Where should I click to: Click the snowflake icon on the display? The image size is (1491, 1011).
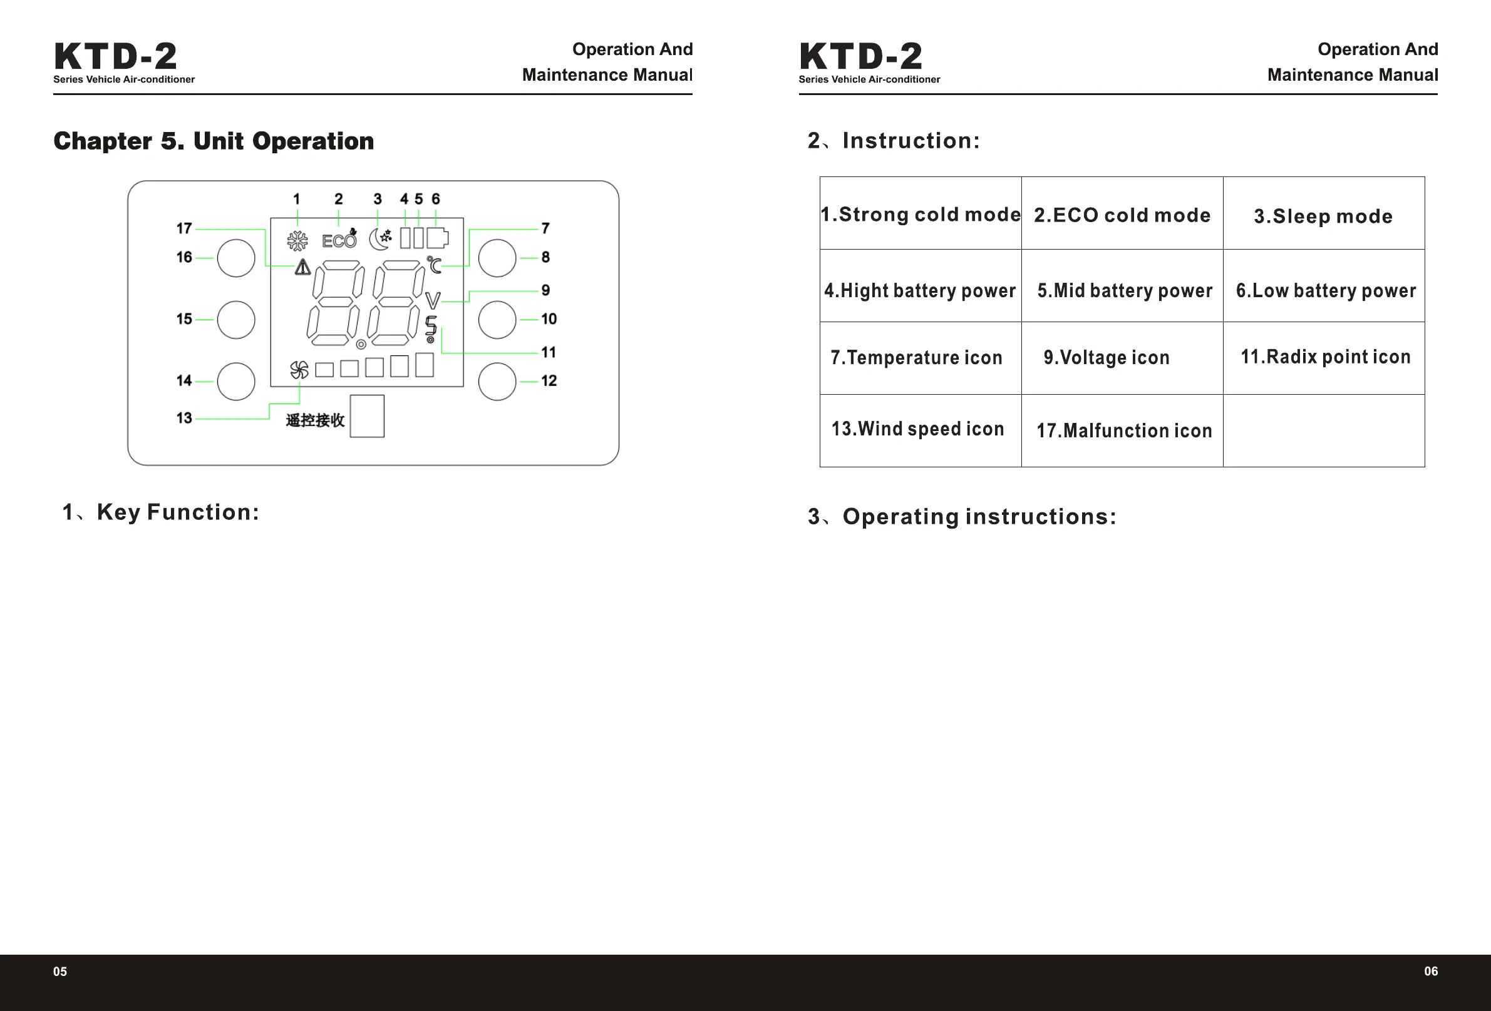[x=297, y=240]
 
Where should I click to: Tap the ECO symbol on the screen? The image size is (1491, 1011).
[x=339, y=240]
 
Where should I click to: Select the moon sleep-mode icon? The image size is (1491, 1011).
[x=380, y=238]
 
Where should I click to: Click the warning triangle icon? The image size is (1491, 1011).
[x=303, y=267]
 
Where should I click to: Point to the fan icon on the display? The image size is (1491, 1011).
[x=299, y=370]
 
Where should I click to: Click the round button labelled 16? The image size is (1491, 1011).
[x=236, y=258]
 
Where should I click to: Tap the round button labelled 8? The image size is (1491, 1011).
[x=497, y=258]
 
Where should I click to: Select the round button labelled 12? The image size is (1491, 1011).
[x=497, y=382]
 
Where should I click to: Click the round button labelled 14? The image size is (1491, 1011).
[x=236, y=382]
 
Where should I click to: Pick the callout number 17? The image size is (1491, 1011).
[x=184, y=228]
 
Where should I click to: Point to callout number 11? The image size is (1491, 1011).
[x=549, y=352]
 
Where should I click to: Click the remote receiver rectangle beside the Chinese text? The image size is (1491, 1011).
[x=367, y=416]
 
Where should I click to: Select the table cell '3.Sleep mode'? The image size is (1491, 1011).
[x=1323, y=216]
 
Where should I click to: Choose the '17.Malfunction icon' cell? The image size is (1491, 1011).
[x=1124, y=430]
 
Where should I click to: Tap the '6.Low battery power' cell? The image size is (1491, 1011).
[x=1326, y=290]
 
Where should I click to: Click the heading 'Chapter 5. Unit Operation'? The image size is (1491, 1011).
[x=214, y=141]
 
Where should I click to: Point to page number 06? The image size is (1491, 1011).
[x=1431, y=971]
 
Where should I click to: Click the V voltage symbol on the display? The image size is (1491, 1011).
[x=433, y=300]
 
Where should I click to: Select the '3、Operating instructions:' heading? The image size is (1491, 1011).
[x=962, y=517]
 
